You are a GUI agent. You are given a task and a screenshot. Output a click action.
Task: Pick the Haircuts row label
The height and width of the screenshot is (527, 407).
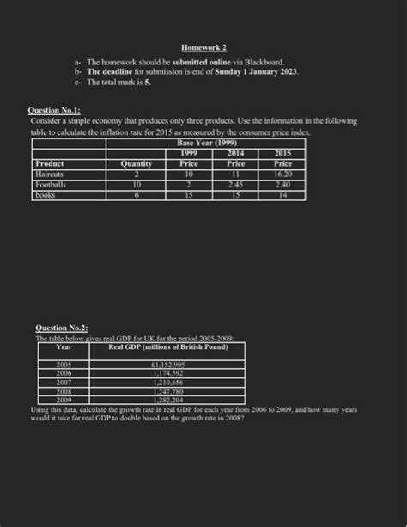point(51,173)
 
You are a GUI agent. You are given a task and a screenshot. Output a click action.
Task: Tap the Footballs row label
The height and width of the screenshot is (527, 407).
point(52,184)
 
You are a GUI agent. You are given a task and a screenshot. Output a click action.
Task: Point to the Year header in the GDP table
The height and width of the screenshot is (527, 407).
point(64,346)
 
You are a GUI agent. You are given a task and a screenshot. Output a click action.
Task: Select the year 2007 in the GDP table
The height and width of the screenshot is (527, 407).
point(64,383)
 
